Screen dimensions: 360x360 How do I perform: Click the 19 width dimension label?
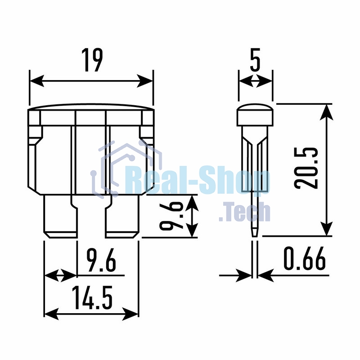click(92, 60)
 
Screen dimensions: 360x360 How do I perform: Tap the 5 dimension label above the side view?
click(255, 60)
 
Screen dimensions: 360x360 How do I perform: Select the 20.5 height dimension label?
click(306, 168)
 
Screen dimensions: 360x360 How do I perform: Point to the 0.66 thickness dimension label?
click(305, 258)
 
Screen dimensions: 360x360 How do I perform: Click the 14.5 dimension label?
click(92, 297)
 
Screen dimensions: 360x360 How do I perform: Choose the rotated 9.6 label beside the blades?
click(171, 215)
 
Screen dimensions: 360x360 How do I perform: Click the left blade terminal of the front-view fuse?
click(61, 216)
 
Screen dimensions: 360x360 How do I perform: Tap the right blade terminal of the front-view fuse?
click(122, 216)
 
